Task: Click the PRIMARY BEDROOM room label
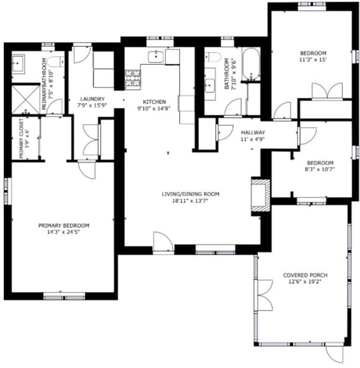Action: click(64, 225)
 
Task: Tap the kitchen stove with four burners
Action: click(133, 78)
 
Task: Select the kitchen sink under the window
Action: click(155, 56)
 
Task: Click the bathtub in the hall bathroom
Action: click(251, 64)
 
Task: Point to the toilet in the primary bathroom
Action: click(56, 62)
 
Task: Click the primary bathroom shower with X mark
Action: click(26, 100)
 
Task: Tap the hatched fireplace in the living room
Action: click(260, 195)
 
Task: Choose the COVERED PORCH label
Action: click(305, 275)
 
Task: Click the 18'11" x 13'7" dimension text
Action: click(190, 201)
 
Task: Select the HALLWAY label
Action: click(253, 133)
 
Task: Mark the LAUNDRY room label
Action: click(92, 99)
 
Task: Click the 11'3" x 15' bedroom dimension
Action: click(313, 60)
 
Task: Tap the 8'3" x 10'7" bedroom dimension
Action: click(320, 169)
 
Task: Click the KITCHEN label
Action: click(154, 102)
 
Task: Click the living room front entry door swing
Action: click(163, 242)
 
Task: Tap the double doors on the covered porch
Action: click(265, 295)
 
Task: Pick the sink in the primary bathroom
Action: click(18, 63)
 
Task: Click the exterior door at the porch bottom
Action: click(334, 354)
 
